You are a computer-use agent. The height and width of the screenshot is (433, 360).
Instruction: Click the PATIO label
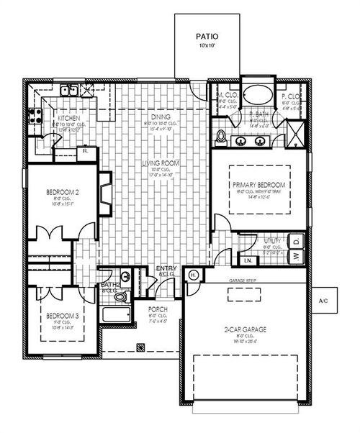[207, 35]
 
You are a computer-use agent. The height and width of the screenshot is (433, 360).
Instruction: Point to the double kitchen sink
[69, 91]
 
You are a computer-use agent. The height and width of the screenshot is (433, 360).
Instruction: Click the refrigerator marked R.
[85, 152]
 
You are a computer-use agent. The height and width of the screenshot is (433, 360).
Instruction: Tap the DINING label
[160, 117]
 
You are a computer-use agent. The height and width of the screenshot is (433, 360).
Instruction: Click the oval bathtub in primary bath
[255, 94]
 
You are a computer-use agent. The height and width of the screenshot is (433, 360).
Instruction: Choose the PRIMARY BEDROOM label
[259, 185]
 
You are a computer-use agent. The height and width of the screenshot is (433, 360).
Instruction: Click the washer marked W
[296, 257]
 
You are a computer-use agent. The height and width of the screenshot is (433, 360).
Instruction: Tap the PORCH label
[158, 309]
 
